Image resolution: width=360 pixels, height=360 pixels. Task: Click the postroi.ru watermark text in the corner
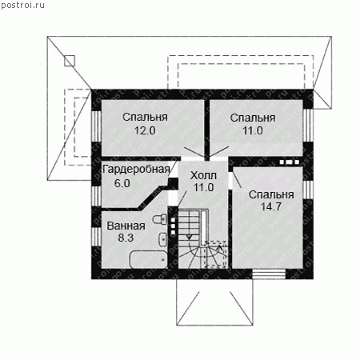click(x=22, y=5)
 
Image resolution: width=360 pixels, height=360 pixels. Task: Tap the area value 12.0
click(x=145, y=130)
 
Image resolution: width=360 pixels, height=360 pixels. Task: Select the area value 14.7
click(x=271, y=206)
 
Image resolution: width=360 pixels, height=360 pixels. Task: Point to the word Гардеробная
click(x=136, y=170)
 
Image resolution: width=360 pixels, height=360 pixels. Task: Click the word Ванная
click(x=126, y=226)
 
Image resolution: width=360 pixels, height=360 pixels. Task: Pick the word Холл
click(x=203, y=175)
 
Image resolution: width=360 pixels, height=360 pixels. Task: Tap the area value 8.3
click(x=126, y=238)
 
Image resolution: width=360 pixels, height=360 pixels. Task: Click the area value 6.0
click(x=122, y=183)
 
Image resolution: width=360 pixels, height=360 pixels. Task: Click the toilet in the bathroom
click(x=160, y=219)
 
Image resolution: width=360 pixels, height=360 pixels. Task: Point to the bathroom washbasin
click(x=163, y=239)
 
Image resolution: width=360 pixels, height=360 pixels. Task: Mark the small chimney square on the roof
click(x=70, y=61)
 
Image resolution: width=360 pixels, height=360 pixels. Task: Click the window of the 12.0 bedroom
click(x=96, y=126)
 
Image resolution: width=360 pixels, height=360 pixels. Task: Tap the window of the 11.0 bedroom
click(x=308, y=125)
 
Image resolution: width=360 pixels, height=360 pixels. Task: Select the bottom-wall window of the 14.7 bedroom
click(x=269, y=274)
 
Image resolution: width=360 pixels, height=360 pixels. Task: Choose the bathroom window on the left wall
click(x=96, y=238)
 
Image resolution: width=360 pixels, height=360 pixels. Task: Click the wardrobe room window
click(x=96, y=196)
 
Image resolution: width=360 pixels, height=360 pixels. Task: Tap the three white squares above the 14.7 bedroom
click(x=290, y=162)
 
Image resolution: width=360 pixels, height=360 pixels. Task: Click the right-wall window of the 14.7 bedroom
click(x=308, y=190)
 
